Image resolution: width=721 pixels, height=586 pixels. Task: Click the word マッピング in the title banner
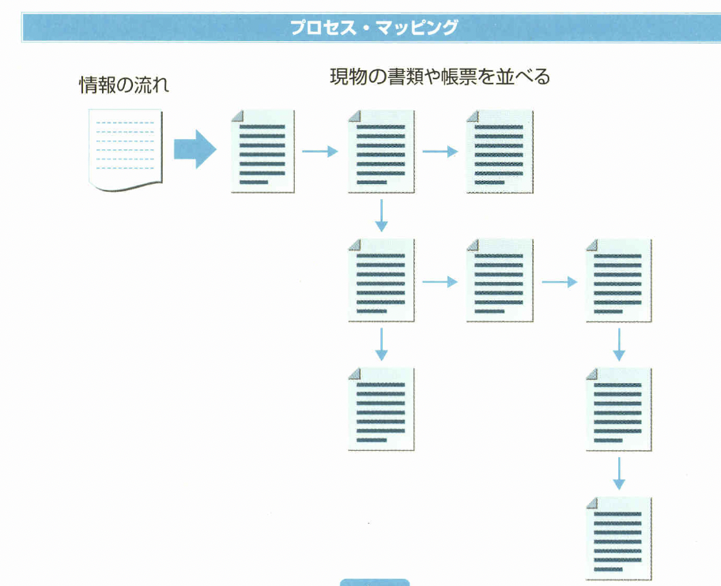click(x=419, y=28)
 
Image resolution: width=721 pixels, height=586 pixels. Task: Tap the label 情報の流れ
click(x=124, y=85)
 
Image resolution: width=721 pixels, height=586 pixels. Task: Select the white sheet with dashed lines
click(x=126, y=151)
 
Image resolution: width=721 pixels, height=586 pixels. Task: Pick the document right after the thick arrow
click(x=262, y=151)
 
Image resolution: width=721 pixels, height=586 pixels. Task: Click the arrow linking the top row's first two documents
click(x=320, y=152)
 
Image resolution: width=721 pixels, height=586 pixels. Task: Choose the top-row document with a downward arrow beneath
click(x=381, y=151)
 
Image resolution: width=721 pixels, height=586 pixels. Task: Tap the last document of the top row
click(x=500, y=151)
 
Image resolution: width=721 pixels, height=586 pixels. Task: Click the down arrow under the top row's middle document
click(x=381, y=216)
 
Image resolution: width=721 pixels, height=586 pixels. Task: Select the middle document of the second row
click(x=500, y=280)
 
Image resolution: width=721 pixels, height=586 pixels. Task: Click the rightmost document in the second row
click(x=619, y=280)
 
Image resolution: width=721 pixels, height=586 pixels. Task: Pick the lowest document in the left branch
click(x=381, y=409)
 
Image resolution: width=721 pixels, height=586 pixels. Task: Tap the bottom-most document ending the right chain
click(x=619, y=538)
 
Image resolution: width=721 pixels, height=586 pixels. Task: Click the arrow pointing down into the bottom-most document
click(x=619, y=473)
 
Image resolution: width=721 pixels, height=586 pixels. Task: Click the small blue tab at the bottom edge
click(x=375, y=582)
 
